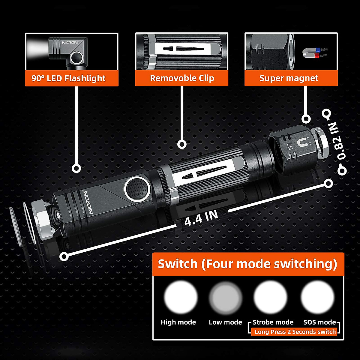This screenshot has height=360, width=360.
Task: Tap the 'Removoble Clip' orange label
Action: [x=182, y=78]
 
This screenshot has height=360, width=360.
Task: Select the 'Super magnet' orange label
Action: [x=289, y=78]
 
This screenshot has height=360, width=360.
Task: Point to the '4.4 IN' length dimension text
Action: [x=201, y=218]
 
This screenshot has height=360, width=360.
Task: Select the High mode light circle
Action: [x=181, y=297]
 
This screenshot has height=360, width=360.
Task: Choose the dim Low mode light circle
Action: [x=226, y=297]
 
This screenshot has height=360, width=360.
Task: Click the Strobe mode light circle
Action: [x=270, y=297]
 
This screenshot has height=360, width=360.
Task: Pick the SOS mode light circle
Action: [x=317, y=297]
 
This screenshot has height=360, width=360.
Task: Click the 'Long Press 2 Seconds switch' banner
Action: [x=295, y=332]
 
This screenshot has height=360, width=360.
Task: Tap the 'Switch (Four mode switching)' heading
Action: [x=247, y=264]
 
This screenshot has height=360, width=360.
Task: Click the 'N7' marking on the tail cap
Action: [x=290, y=147]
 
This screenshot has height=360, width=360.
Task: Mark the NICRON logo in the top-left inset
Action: [x=70, y=43]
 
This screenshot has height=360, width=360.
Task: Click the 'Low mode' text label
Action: [x=225, y=322]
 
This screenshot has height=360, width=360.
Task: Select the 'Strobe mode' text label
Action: [x=273, y=322]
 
